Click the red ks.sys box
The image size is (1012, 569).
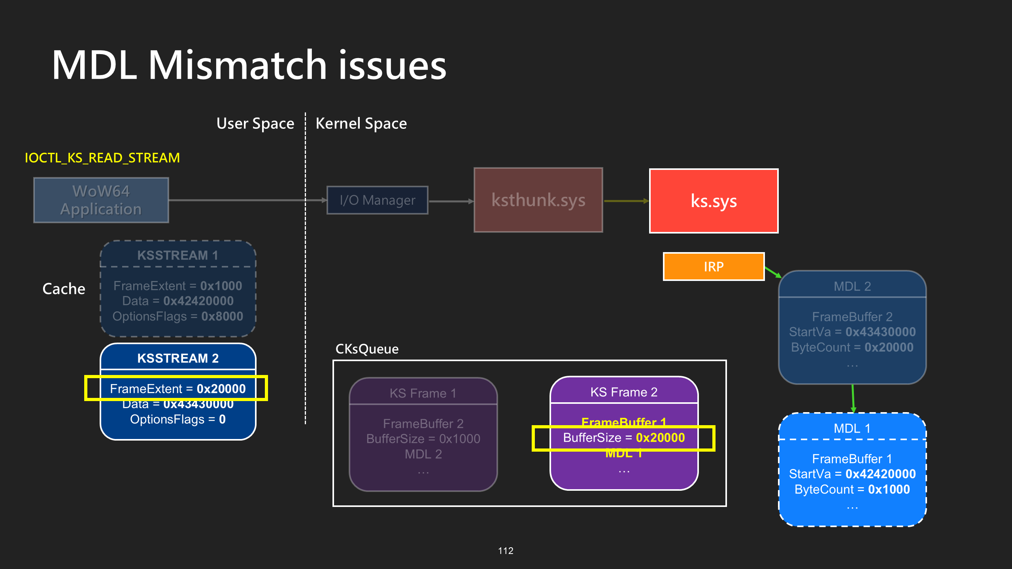tap(714, 201)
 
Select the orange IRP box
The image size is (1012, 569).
tap(714, 267)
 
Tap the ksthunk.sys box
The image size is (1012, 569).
tap(538, 200)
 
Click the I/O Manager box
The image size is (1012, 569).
tap(377, 200)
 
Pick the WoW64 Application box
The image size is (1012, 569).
tap(101, 200)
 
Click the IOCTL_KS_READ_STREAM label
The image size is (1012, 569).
tap(102, 158)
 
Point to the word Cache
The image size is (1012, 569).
tap(64, 289)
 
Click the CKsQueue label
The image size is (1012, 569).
tap(367, 349)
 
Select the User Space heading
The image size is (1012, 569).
tap(255, 124)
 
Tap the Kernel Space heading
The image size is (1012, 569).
tap(361, 124)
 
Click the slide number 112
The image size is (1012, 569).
tap(506, 550)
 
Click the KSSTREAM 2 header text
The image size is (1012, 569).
tap(178, 358)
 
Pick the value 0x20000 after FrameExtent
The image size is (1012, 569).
tap(221, 389)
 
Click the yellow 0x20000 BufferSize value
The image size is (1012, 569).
tap(660, 438)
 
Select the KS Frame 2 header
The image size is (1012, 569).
tap(624, 392)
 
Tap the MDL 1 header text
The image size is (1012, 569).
tap(852, 428)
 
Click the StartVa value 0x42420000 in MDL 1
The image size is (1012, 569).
tap(880, 474)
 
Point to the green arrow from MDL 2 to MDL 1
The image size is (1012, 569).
tap(853, 398)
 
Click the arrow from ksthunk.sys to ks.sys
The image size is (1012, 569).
tap(626, 201)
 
